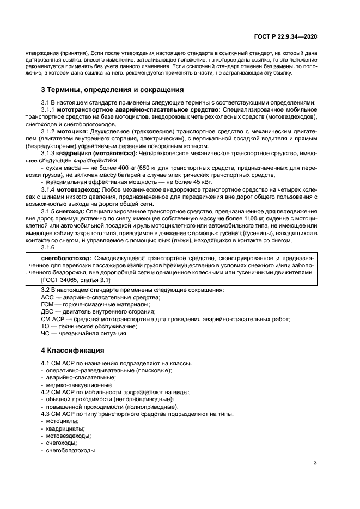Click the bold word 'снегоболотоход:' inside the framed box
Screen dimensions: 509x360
[66, 257]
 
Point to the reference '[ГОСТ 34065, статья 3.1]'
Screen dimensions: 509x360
[75, 279]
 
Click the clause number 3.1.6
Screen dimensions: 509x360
[49, 247]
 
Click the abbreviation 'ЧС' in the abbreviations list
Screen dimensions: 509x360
[46, 333]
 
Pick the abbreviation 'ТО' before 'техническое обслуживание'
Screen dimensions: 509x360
[45, 326]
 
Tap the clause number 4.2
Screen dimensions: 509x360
[46, 392]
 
